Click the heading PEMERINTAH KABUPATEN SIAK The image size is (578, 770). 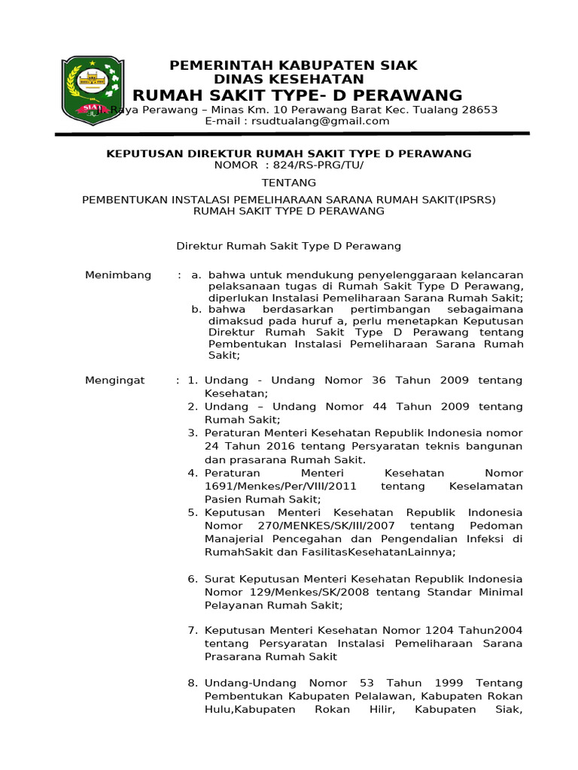tap(294, 65)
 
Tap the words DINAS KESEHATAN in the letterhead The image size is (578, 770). tap(289, 79)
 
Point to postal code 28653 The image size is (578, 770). tap(476, 109)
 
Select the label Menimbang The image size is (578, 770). tap(118, 274)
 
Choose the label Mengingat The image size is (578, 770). tap(115, 380)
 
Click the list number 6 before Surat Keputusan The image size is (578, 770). tap(192, 579)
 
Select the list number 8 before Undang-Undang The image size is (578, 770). tap(192, 683)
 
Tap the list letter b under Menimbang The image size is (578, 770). tap(196, 309)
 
